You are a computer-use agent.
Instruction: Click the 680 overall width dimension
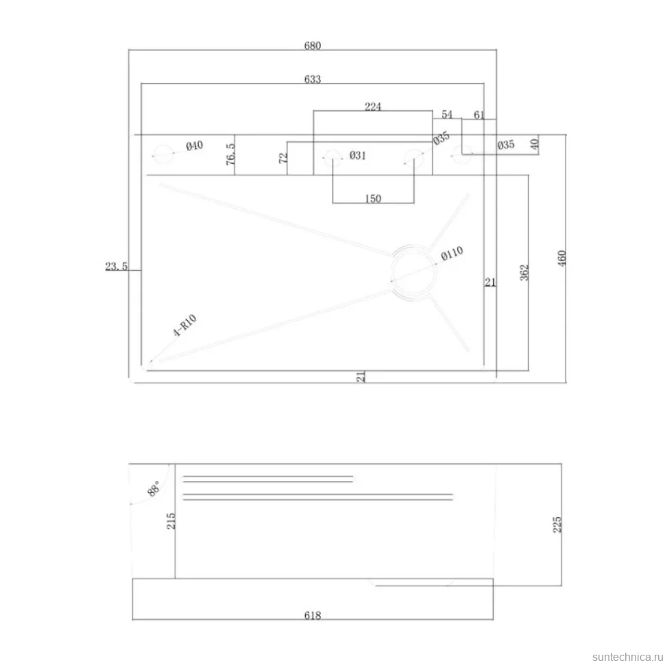tap(312, 45)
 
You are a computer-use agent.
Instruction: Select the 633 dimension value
tap(312, 80)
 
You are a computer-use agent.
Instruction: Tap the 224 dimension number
tap(373, 106)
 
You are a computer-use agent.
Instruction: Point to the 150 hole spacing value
tap(373, 199)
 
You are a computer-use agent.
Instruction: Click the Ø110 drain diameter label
tap(452, 254)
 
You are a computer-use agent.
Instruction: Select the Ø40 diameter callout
tap(194, 146)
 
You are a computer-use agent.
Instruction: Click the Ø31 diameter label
tap(357, 156)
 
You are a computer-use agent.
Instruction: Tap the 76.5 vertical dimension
tap(230, 154)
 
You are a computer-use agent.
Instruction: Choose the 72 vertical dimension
tap(283, 158)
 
